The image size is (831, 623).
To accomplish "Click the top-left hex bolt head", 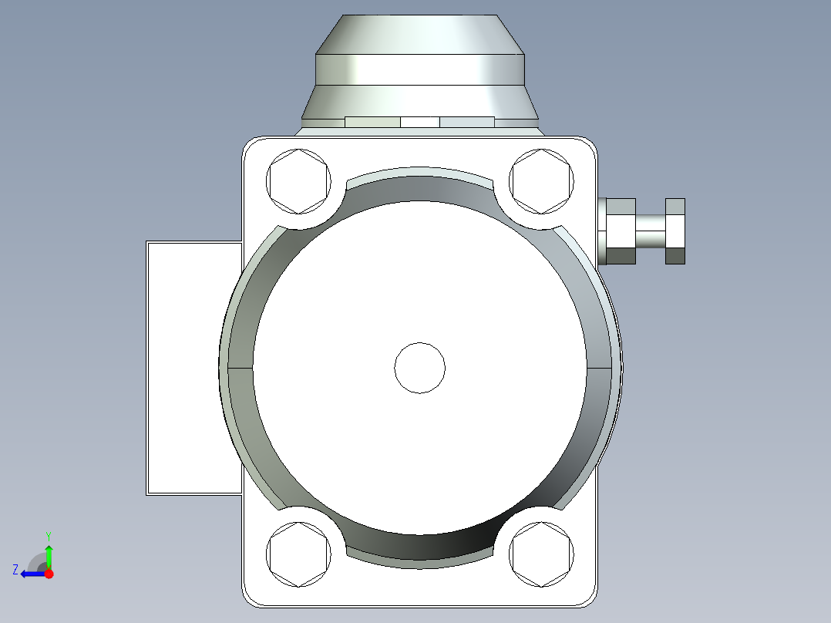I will tap(298, 182).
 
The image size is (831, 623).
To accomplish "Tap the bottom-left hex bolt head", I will tap(298, 554).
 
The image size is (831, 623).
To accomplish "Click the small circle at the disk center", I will tap(420, 368).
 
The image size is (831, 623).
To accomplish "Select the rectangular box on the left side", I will tap(193, 367).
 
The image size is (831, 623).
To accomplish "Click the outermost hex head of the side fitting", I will tap(675, 231).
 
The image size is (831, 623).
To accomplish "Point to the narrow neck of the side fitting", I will tap(650, 231).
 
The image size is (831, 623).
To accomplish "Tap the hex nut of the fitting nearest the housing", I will tap(621, 231).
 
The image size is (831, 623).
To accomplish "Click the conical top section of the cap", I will tap(420, 35).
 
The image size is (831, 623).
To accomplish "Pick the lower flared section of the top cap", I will tap(420, 100).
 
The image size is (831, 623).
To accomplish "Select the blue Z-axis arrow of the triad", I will tap(32, 574).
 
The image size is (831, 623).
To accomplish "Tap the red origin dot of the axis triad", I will tap(49, 574).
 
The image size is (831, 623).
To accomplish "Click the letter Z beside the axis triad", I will tap(15, 570).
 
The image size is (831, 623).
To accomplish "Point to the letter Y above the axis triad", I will tap(49, 535).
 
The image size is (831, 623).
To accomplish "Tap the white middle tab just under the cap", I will tap(420, 122).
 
